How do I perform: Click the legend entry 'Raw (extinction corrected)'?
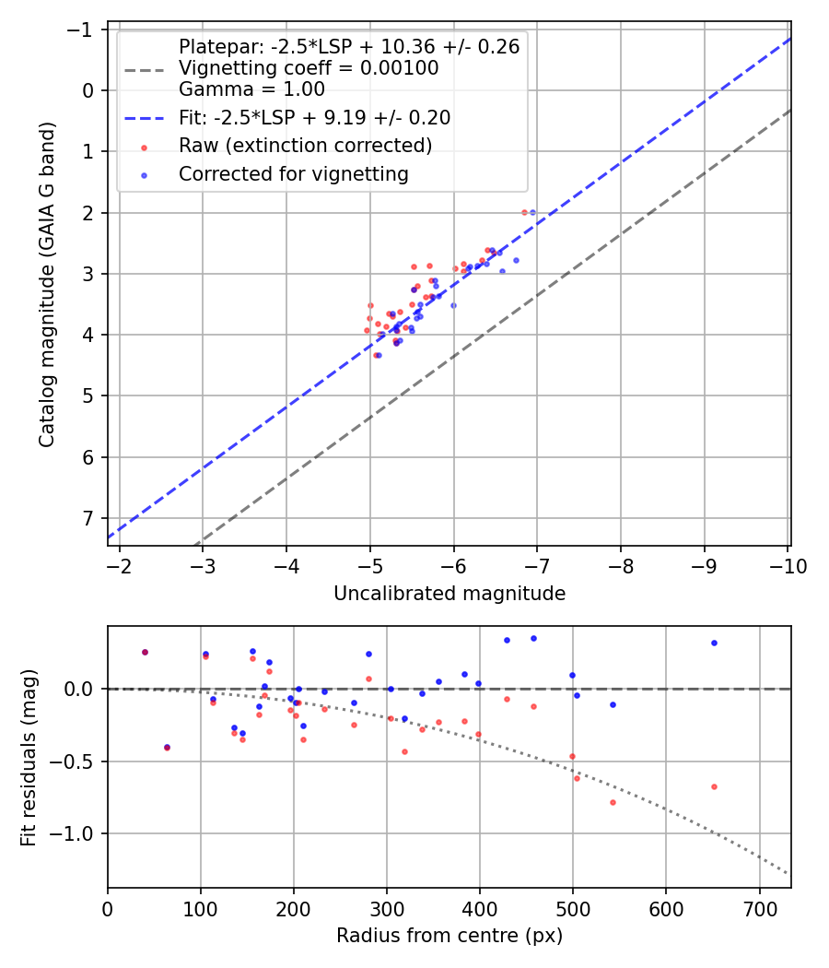[305, 146]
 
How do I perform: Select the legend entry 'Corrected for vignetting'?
[294, 173]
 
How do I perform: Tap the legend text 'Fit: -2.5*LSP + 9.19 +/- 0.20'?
[314, 118]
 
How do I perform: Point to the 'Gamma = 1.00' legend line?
[251, 89]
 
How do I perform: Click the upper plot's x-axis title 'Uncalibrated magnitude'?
[449, 594]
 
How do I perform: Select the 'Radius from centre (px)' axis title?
[449, 936]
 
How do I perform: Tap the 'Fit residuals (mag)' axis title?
[29, 757]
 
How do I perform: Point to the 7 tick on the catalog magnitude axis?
[88, 518]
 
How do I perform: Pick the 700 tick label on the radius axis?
[759, 908]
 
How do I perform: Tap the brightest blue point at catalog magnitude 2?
[532, 212]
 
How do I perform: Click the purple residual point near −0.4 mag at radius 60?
[167, 747]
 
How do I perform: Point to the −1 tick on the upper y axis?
[81, 30]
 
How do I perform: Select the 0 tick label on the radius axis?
[108, 908]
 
